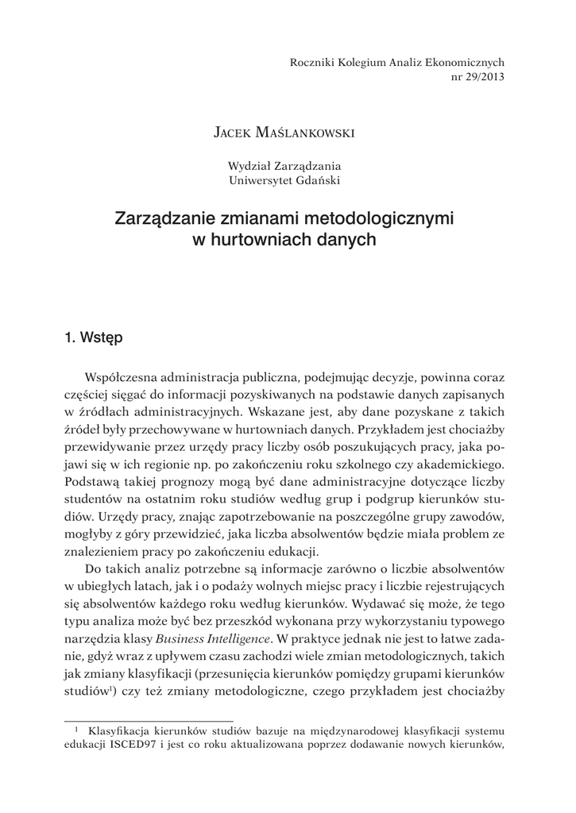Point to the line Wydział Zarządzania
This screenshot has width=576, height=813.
tap(284, 166)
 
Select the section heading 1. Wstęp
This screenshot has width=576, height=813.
tap(94, 338)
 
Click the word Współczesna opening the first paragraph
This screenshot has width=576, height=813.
tap(123, 376)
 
